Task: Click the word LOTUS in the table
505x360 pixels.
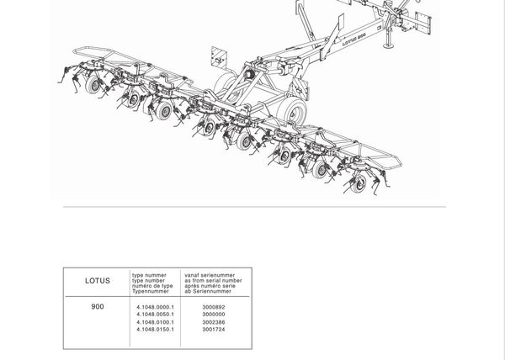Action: coord(98,281)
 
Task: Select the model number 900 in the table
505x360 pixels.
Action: coord(98,307)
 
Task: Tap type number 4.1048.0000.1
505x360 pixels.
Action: coord(155,308)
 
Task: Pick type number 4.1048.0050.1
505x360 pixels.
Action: coord(155,315)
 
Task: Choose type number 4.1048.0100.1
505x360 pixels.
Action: coord(155,322)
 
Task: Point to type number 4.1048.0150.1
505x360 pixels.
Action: coord(155,330)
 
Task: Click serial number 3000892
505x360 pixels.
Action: coord(214,308)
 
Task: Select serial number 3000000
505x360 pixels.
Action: coord(214,315)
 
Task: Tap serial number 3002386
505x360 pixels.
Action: coord(214,322)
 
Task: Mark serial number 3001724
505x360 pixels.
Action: coord(214,330)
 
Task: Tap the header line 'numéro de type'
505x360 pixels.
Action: coord(152,285)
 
